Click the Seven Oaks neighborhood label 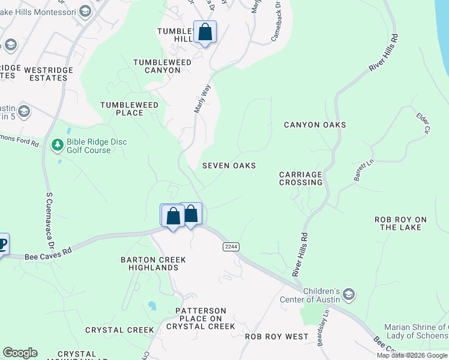click(x=229, y=166)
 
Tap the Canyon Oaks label click(x=315, y=125)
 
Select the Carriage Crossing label click(x=301, y=178)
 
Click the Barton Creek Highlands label click(x=153, y=263)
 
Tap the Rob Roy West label click(x=276, y=337)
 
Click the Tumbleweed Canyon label click(x=162, y=66)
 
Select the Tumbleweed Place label click(x=130, y=109)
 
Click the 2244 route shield click(x=231, y=247)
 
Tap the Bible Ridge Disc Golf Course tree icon click(x=58, y=145)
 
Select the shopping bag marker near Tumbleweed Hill click(x=205, y=32)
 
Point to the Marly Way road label click(x=202, y=98)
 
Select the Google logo click(x=20, y=353)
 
